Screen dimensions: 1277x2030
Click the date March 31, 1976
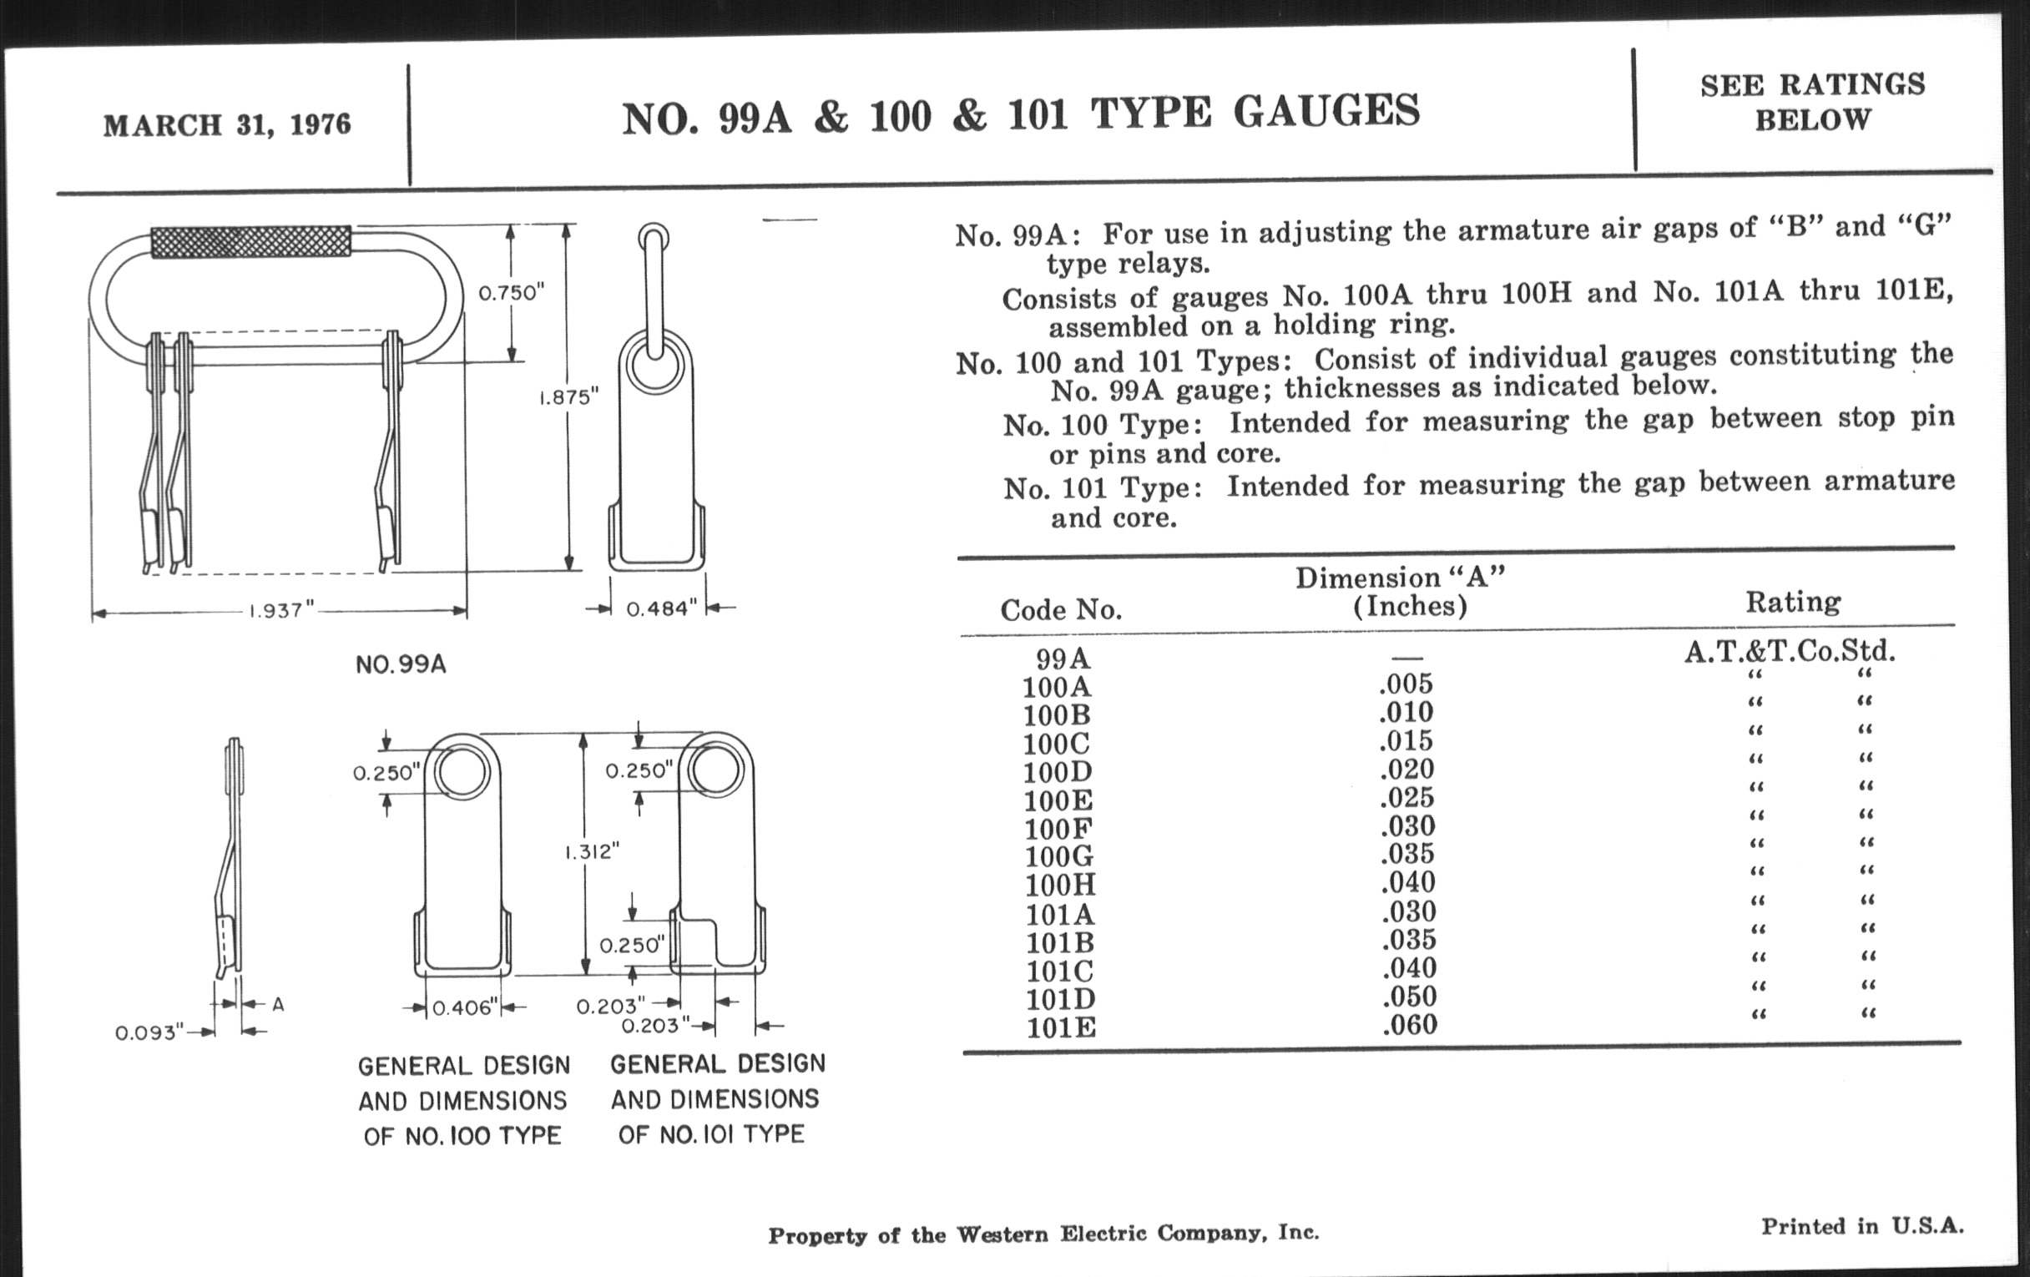click(227, 124)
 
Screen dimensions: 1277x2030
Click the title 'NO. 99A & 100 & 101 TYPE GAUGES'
click(1021, 114)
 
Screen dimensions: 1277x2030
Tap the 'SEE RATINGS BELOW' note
click(1812, 102)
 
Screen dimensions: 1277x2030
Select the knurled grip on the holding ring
click(250, 241)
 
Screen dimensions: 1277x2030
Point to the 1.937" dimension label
click(280, 610)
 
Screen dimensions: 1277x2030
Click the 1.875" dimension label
click(568, 396)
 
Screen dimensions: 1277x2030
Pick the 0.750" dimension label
click(512, 292)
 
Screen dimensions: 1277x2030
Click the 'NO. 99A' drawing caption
click(401, 664)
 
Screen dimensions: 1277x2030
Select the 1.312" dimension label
click(592, 851)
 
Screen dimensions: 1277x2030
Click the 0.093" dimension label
click(149, 1032)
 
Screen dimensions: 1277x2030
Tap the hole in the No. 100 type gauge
click(462, 772)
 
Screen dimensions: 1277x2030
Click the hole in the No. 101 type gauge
click(715, 770)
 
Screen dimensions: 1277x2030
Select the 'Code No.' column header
click(1061, 609)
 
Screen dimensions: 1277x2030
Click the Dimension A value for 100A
click(1406, 684)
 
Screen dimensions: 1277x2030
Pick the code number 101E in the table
click(1061, 1027)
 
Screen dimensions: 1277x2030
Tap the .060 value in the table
click(1409, 1025)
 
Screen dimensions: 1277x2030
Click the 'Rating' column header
click(1792, 602)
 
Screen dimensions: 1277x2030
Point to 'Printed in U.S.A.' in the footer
click(1861, 1226)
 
